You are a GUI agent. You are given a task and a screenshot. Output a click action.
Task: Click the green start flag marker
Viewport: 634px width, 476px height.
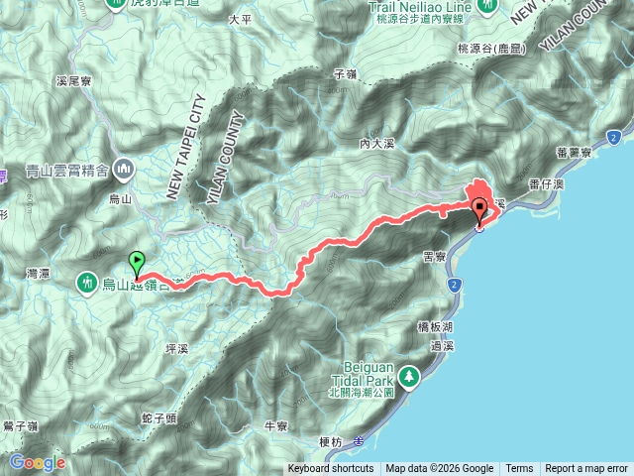click(137, 263)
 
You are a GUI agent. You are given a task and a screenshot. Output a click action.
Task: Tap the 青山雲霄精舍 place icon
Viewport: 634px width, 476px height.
click(124, 168)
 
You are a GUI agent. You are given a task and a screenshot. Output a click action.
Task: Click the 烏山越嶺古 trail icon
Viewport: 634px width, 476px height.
click(89, 285)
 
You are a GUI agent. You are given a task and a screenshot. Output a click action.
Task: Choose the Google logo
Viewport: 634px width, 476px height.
click(37, 462)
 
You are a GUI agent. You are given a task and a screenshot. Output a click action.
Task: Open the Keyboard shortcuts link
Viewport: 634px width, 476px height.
click(331, 469)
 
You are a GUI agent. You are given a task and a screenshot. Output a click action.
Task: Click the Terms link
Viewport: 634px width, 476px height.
click(519, 469)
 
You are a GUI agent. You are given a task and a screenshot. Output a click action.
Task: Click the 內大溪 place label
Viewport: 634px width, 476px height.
click(377, 144)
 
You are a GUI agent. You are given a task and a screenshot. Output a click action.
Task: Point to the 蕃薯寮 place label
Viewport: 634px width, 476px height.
click(575, 153)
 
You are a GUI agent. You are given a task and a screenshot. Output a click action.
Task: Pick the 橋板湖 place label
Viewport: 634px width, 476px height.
click(435, 326)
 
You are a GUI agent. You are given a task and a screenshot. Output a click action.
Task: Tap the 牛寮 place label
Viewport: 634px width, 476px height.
click(274, 426)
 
